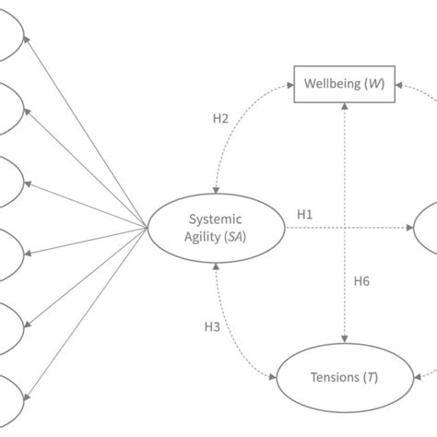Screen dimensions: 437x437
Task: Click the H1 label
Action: click(305, 214)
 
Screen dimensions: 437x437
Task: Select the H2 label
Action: click(220, 118)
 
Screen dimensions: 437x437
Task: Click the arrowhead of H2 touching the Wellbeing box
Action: click(288, 86)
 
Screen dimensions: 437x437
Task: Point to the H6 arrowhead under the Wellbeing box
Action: click(344, 108)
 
